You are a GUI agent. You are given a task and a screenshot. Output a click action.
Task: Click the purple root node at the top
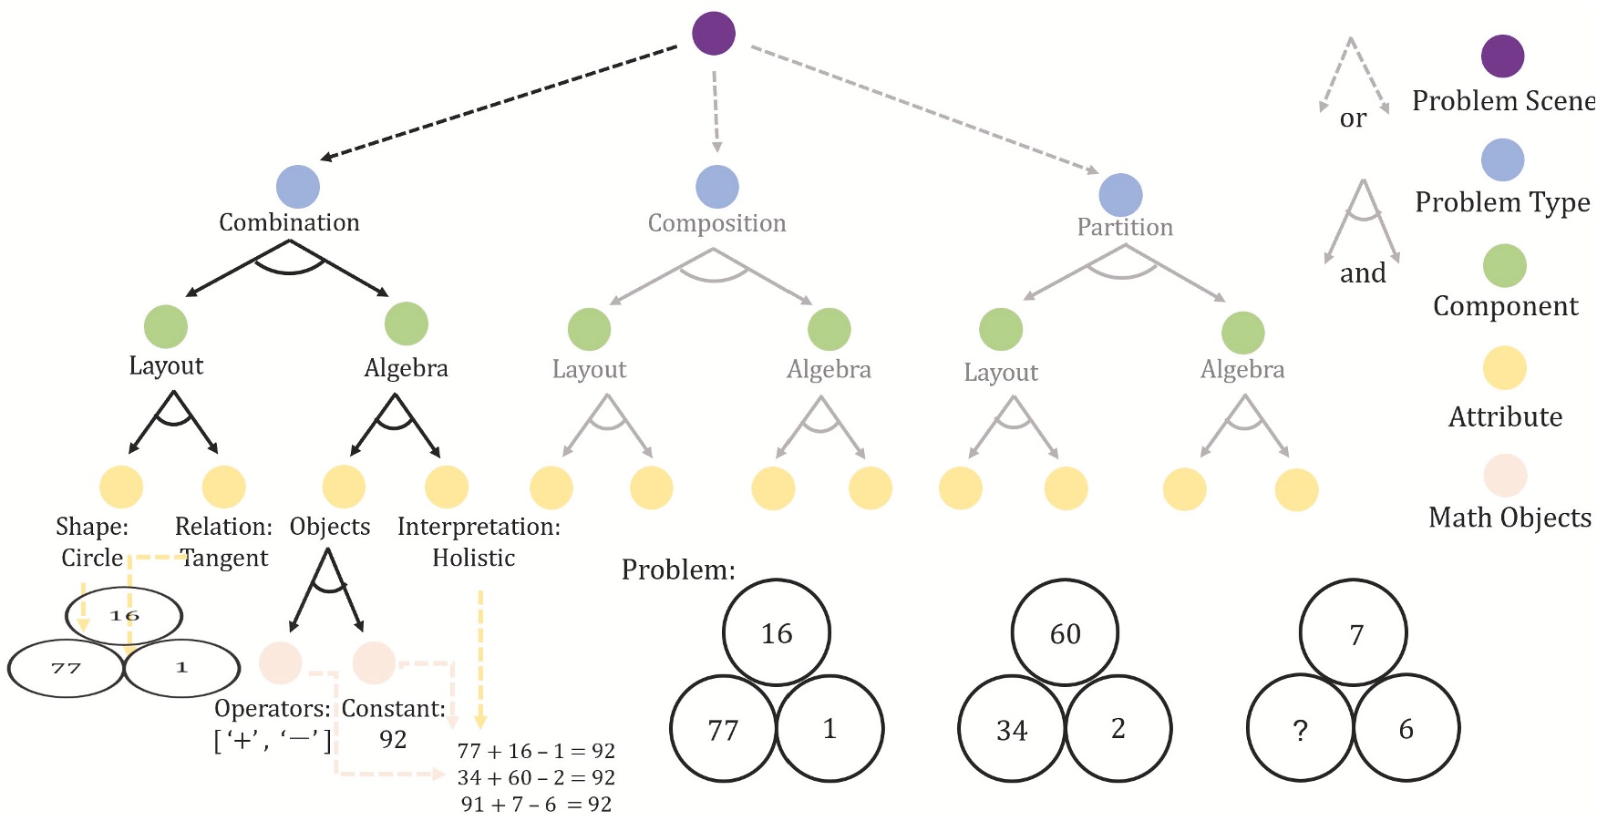714,34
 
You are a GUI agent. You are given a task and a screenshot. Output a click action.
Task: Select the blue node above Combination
298,187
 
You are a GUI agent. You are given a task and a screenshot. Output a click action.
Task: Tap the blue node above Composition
717,187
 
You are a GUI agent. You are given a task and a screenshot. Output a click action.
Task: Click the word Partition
1125,227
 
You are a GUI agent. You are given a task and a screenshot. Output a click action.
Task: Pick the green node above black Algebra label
407,324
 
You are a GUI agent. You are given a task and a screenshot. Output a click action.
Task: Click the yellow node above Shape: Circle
121,487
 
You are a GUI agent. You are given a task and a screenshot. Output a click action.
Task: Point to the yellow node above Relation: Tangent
224,487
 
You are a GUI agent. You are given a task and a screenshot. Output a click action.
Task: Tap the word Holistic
473,558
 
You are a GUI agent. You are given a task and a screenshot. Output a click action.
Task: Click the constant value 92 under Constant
393,739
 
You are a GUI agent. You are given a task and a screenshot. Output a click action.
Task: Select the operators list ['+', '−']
273,739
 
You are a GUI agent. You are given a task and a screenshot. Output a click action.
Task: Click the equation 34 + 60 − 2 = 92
536,777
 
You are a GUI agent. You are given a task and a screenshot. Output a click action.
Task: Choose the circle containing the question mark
1300,728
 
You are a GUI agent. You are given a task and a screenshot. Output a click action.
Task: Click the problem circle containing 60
1065,632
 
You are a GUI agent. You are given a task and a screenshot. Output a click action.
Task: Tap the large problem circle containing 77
723,729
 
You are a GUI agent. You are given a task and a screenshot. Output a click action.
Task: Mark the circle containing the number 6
1406,728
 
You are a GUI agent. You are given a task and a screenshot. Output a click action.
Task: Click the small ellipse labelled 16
124,616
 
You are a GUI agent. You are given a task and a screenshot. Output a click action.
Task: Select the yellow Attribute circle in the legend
1504,368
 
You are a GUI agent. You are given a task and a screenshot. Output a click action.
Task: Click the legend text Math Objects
1509,518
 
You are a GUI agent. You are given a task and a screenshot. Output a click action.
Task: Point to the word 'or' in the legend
1354,118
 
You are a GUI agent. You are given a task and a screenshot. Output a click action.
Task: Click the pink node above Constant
374,662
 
